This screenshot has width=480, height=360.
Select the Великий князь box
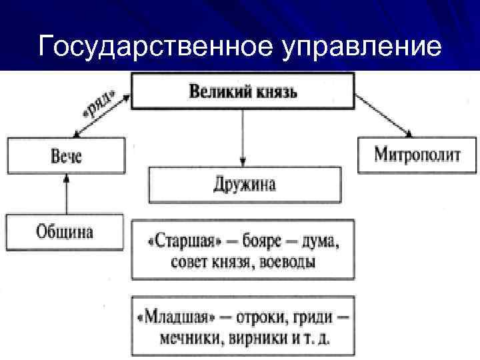pos(243,91)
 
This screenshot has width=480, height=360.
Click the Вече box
pos(66,155)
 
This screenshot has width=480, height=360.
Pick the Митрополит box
pos(418,155)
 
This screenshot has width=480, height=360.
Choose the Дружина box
pos(245,185)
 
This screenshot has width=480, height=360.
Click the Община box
pos(65,233)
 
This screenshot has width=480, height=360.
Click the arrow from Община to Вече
pos(66,194)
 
